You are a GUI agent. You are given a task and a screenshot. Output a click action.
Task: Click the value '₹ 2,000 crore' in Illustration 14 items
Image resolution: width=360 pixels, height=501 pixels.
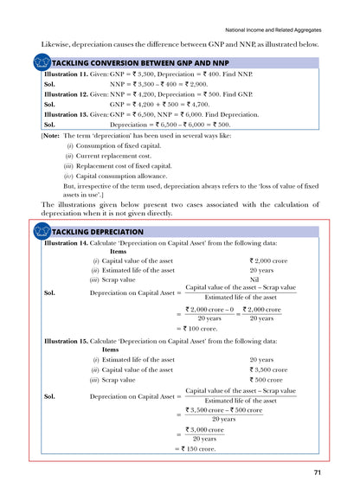[x=268, y=260]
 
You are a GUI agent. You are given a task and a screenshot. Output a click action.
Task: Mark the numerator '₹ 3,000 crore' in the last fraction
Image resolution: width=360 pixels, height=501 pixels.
[x=204, y=429]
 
